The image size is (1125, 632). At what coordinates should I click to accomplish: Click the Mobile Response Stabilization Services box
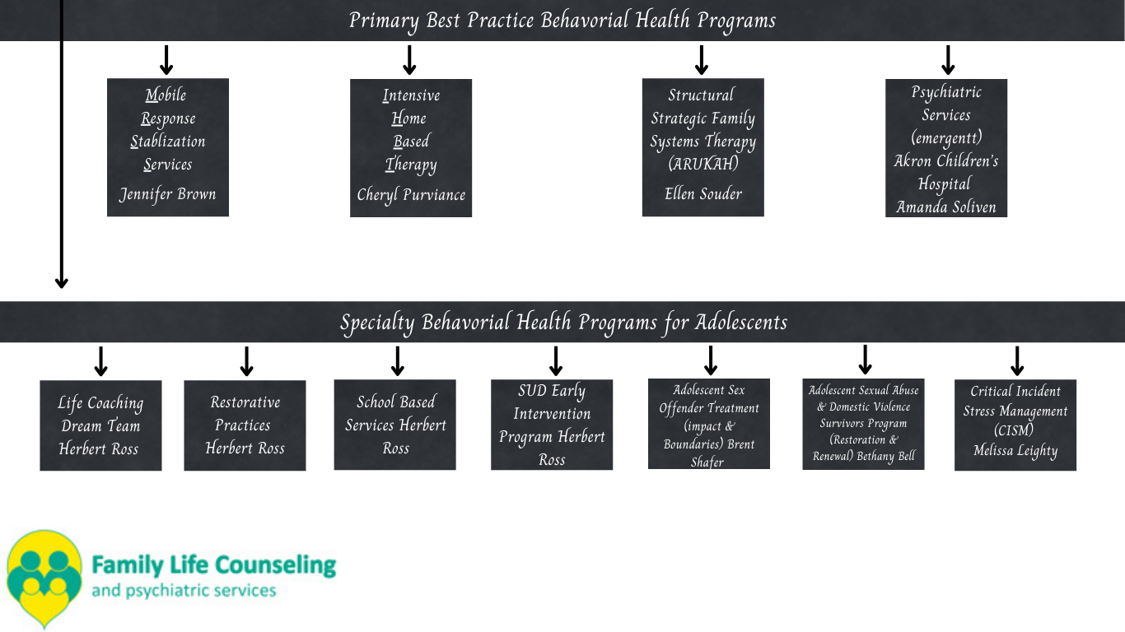coord(168,147)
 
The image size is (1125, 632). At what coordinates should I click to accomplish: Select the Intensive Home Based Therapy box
coord(411,147)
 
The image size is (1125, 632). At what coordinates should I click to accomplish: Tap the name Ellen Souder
coord(703,193)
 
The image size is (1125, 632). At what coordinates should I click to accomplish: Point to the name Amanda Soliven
coord(946,207)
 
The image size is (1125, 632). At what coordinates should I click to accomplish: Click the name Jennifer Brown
coord(168,194)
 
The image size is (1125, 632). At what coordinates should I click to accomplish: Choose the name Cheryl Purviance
coord(411,195)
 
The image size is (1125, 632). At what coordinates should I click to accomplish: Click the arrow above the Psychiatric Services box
coord(948,60)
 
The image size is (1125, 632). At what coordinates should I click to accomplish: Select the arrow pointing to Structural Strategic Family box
coord(702,60)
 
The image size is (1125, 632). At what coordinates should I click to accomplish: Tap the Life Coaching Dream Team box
coord(101,425)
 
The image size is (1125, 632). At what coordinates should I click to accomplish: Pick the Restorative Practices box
coord(245,425)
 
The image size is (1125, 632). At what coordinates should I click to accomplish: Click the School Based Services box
coord(394,425)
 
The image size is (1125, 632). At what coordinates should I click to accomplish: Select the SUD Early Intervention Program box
coord(552,425)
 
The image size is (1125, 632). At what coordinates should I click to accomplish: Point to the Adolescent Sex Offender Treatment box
coord(708,424)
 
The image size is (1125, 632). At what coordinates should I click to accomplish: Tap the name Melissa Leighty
coord(1015,450)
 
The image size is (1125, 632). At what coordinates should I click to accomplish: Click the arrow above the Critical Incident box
coord(1017,361)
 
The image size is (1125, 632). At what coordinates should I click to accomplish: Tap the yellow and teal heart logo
coord(44,579)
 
